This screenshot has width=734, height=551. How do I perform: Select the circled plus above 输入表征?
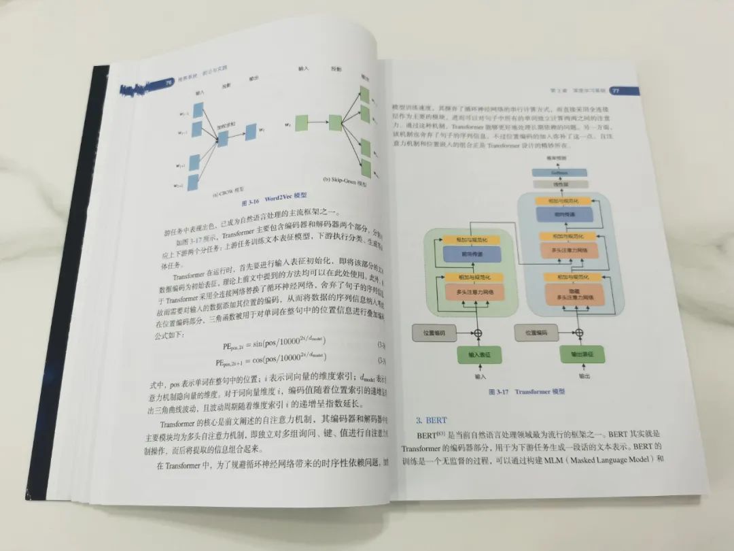(x=477, y=333)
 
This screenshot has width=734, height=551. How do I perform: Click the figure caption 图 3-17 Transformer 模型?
(x=527, y=393)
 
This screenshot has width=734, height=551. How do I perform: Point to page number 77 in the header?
(x=614, y=90)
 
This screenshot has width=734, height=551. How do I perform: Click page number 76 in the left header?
(x=167, y=83)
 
